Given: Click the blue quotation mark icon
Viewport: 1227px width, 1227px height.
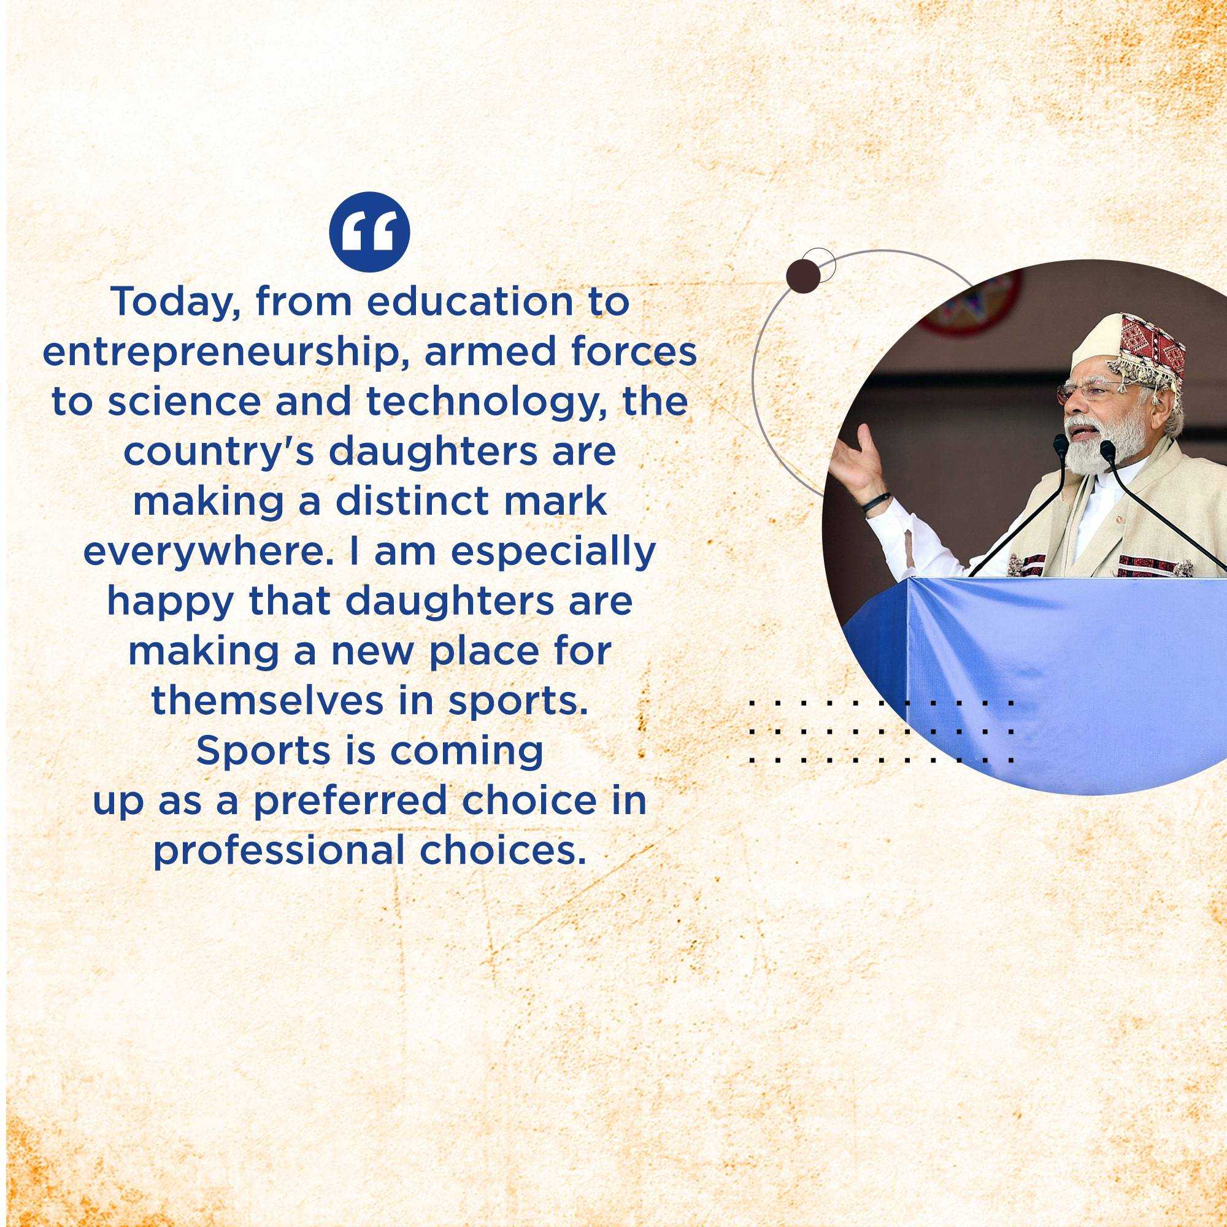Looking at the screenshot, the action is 369,233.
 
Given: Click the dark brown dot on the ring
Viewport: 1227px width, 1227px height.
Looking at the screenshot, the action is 802,277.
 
